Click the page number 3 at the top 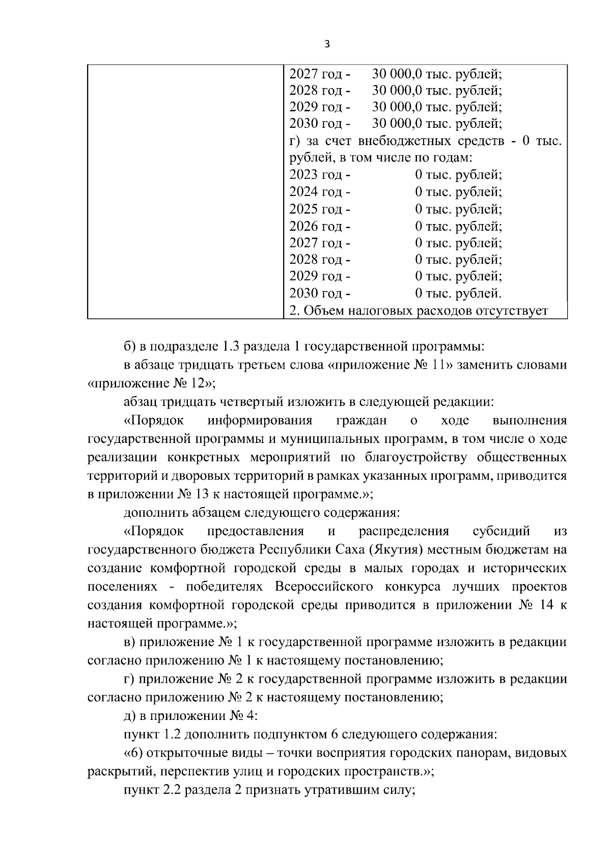327,45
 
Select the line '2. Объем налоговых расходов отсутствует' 418,311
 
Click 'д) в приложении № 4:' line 191,716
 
